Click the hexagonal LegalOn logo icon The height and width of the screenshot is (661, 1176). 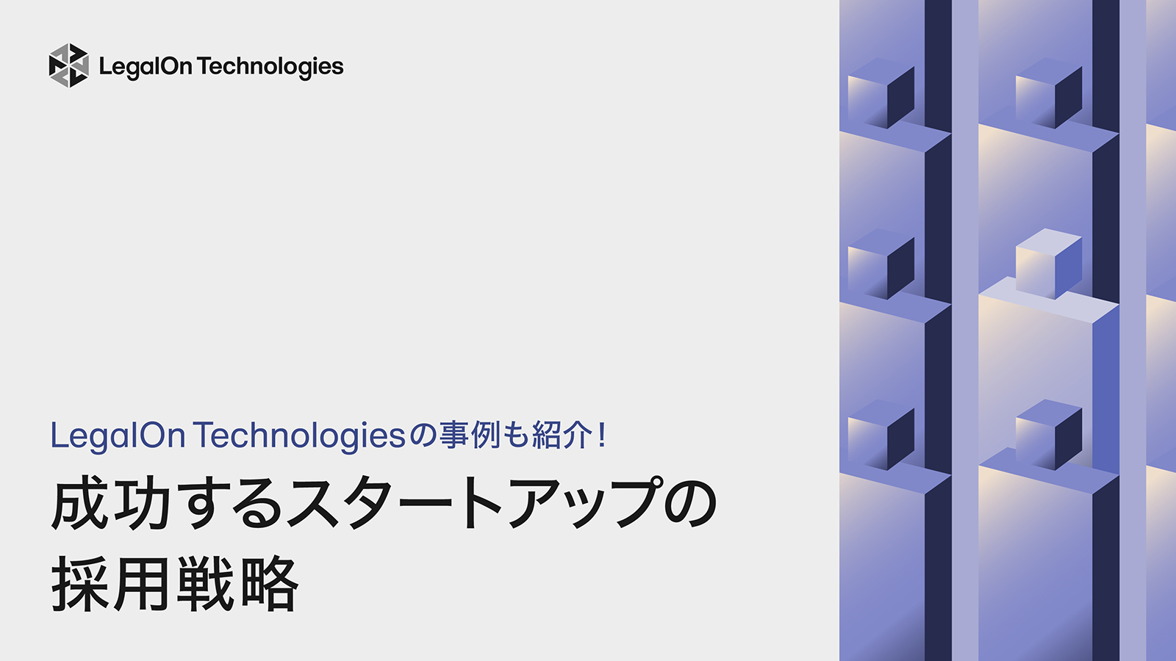click(68, 65)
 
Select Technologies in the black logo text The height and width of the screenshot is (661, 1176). click(270, 67)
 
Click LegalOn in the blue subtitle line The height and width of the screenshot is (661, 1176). click(118, 436)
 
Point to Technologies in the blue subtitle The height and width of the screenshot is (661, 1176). click(300, 436)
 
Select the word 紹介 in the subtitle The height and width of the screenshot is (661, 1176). click(562, 436)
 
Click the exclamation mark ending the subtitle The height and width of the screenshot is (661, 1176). click(603, 436)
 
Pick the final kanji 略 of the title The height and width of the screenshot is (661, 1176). click(269, 585)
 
